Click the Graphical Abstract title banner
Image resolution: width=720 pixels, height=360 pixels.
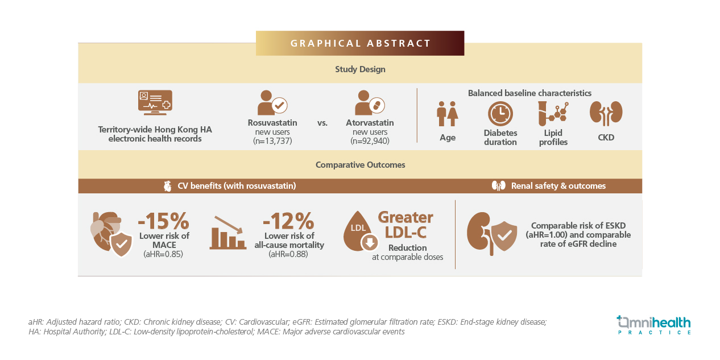(360, 43)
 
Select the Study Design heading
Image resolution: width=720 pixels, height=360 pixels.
(360, 69)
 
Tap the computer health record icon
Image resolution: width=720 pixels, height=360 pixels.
(155, 102)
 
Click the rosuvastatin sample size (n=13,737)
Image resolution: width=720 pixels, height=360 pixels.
(272, 141)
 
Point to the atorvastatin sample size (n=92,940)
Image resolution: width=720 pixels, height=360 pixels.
(370, 141)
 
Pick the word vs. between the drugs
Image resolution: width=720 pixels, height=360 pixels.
(322, 123)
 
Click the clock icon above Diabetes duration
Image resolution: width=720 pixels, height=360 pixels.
(500, 114)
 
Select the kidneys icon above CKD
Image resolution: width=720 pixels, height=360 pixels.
(606, 113)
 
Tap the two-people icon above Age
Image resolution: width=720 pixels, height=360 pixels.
(448, 114)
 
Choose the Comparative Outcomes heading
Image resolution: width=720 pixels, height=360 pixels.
(360, 165)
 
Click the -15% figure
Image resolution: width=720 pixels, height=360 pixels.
(164, 221)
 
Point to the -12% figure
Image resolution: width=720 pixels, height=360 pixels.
(288, 221)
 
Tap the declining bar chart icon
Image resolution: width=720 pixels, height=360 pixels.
(228, 233)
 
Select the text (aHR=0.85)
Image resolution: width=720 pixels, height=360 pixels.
(163, 254)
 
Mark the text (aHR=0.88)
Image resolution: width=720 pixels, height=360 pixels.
(288, 254)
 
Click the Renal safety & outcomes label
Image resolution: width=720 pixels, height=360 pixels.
(558, 186)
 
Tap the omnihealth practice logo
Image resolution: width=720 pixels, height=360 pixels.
(654, 325)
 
